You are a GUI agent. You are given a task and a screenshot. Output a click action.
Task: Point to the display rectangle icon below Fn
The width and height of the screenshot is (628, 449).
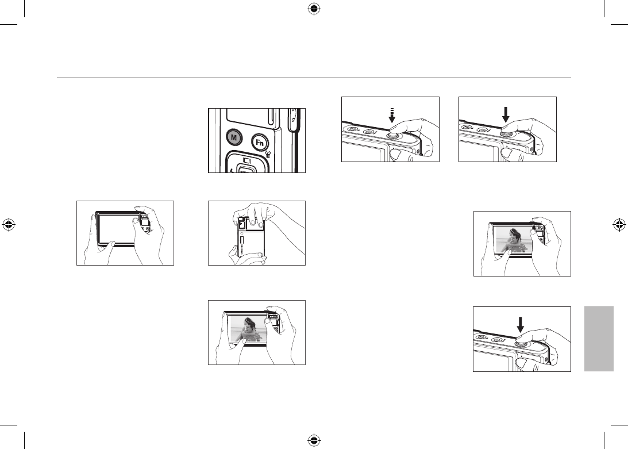(245, 160)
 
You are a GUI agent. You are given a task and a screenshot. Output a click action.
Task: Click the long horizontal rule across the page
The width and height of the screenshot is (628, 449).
(314, 78)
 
